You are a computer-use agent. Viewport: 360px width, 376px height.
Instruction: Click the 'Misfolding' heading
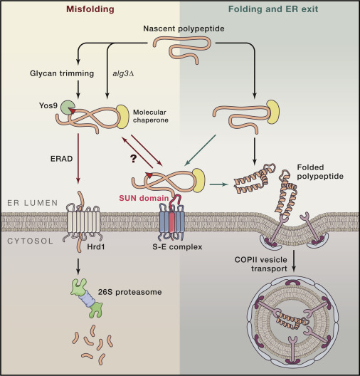90,9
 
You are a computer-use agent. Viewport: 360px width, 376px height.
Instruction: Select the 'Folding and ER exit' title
273,9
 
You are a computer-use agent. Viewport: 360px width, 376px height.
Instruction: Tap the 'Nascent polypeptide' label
184,28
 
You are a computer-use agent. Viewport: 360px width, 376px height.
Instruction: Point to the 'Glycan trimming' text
62,73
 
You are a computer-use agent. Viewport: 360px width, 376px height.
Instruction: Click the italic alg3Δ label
123,73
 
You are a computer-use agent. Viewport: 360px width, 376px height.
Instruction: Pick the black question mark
134,159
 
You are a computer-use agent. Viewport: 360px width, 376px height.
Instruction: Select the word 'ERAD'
62,159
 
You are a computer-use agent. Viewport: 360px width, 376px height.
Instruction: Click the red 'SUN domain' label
144,198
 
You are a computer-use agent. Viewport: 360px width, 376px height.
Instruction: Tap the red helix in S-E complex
171,223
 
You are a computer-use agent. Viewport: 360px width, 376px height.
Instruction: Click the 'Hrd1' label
96,246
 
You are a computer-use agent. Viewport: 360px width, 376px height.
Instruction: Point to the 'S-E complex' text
177,246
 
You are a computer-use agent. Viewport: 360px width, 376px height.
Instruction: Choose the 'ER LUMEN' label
33,203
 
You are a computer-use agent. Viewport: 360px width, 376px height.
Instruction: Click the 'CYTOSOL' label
30,241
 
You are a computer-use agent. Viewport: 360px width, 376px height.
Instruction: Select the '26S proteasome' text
129,292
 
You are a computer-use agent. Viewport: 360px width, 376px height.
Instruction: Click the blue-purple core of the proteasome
87,299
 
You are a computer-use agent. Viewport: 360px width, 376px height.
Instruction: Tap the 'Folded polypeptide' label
320,172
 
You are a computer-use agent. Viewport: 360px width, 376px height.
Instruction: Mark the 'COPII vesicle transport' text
261,264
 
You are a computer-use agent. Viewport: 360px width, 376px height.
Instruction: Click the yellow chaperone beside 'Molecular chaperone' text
123,117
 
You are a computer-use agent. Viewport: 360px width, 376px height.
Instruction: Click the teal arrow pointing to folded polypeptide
218,184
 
